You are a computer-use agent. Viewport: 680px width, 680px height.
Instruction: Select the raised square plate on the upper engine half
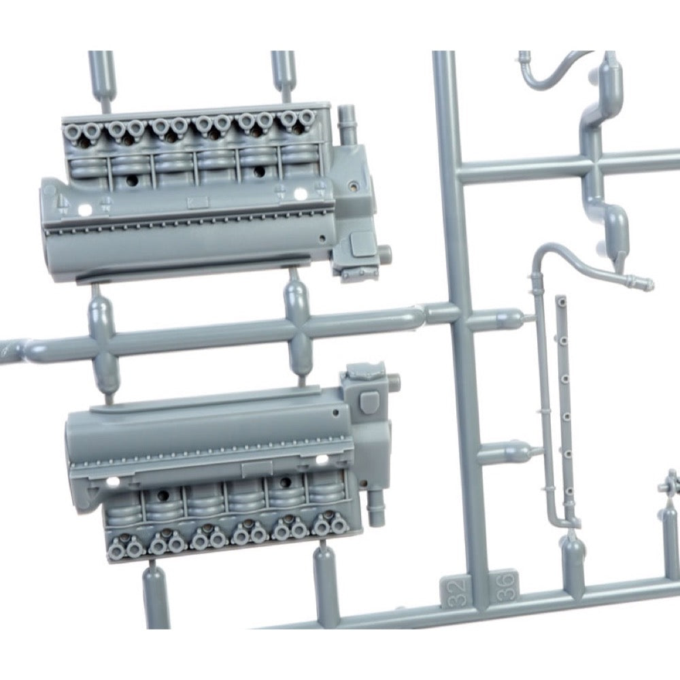pyautogui.click(x=361, y=243)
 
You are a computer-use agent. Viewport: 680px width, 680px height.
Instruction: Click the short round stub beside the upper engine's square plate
pyautogui.click(x=384, y=252)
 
